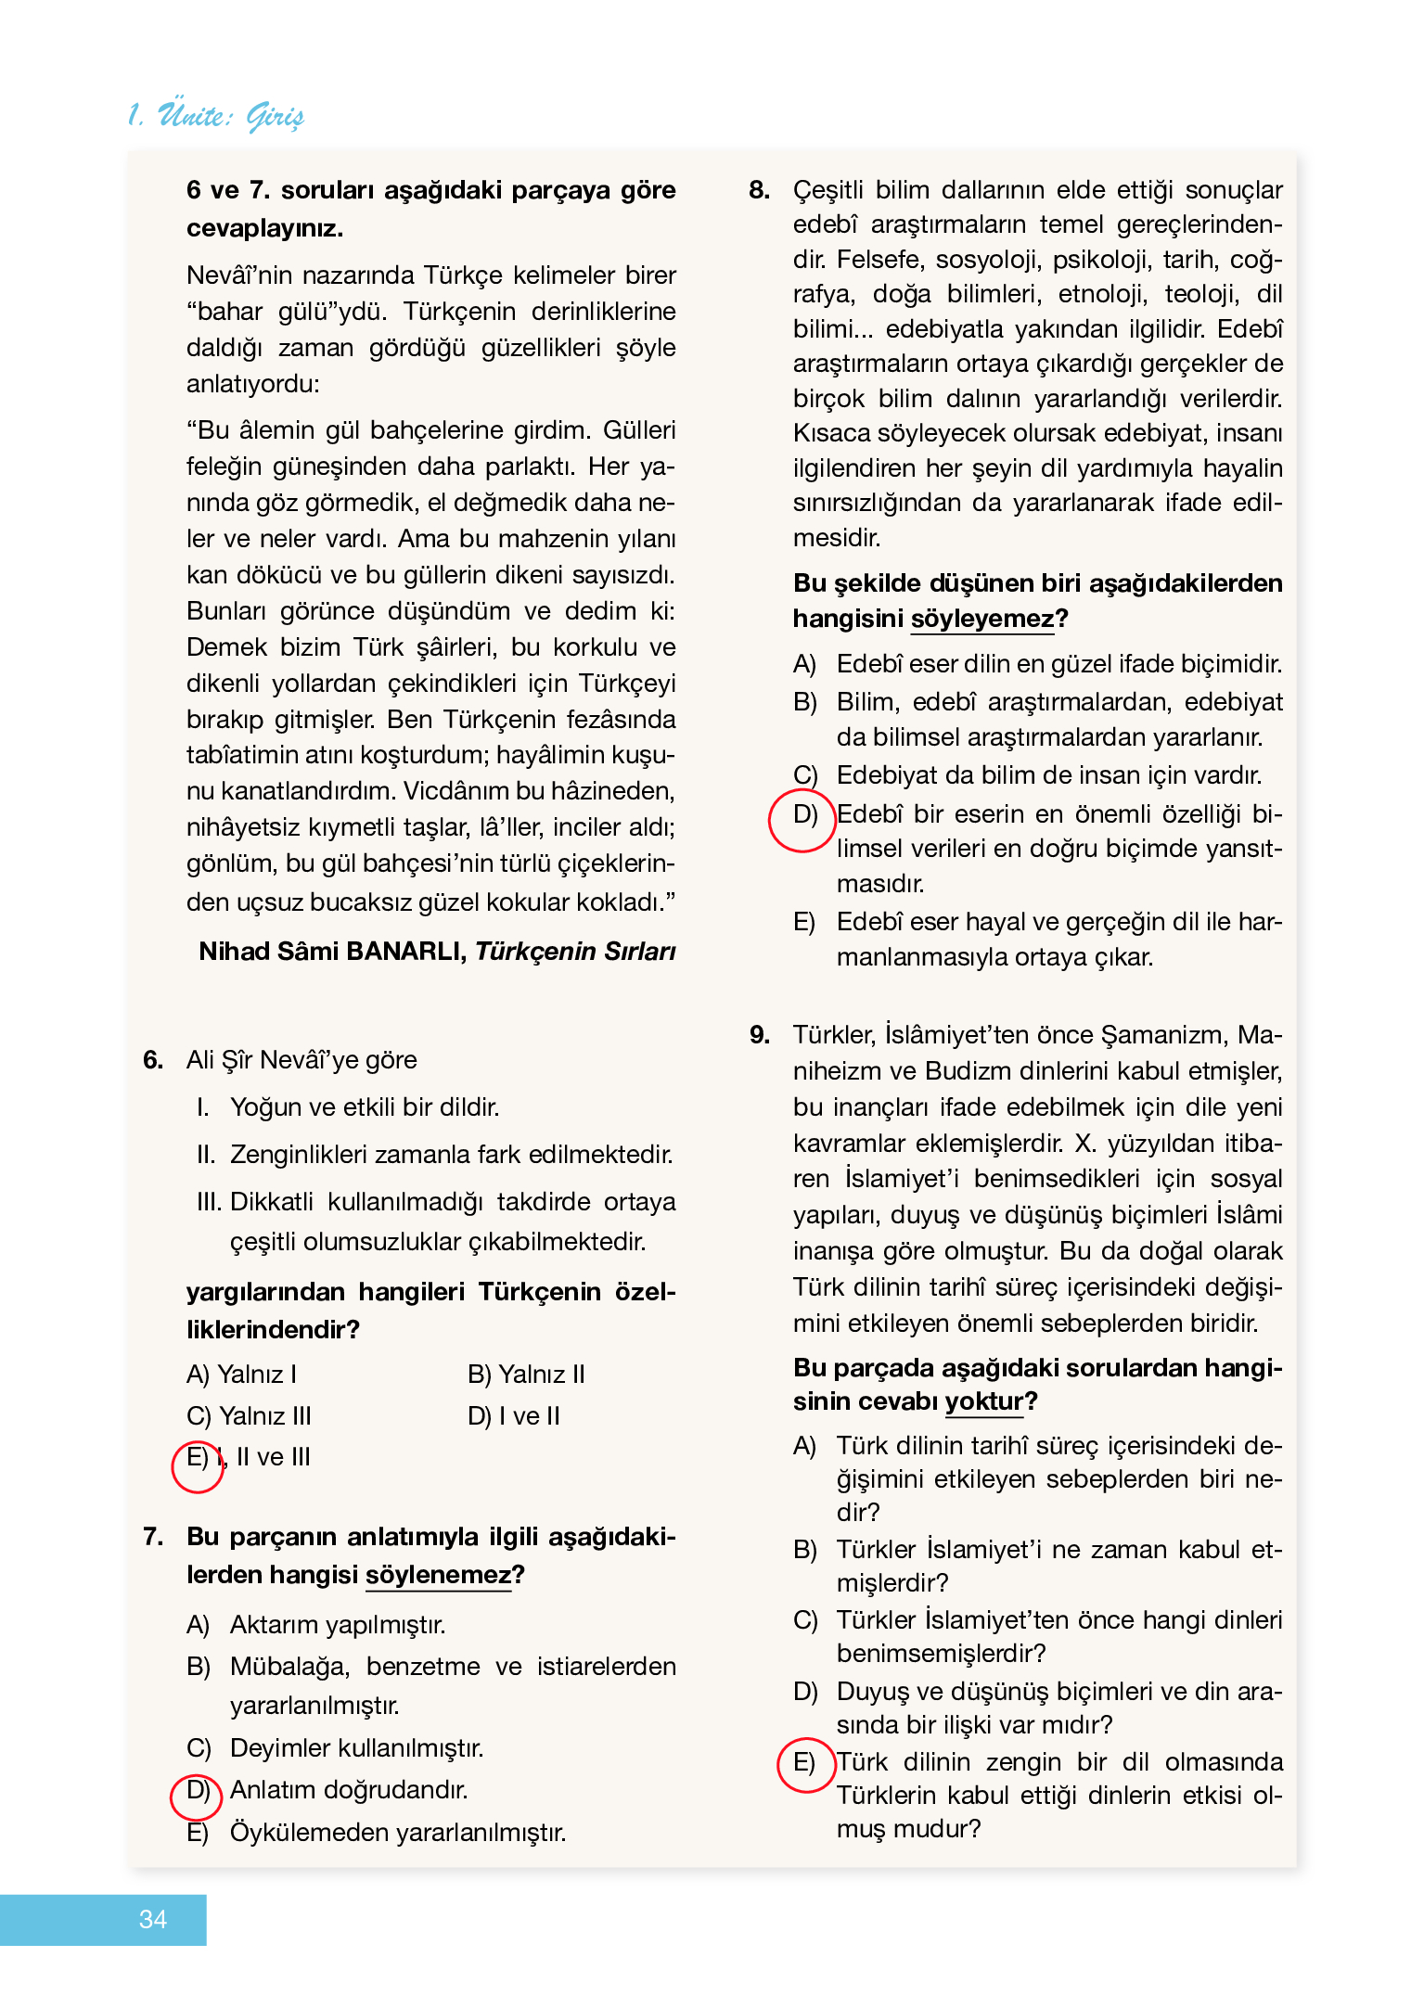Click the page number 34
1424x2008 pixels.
point(152,1919)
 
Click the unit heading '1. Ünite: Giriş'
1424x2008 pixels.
point(215,116)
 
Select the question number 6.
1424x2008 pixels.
point(153,1060)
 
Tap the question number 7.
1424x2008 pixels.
point(153,1537)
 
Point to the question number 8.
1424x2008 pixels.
point(759,190)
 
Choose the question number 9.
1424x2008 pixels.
point(759,1035)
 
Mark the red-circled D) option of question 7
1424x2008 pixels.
point(197,1790)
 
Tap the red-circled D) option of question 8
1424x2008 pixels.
point(803,815)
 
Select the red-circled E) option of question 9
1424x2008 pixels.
point(803,1762)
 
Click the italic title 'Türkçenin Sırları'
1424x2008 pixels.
point(575,952)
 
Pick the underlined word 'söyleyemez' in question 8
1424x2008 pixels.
point(982,619)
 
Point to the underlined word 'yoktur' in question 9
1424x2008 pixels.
point(983,1401)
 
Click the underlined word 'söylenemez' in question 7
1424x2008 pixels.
point(438,1575)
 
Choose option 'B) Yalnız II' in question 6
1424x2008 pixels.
point(526,1375)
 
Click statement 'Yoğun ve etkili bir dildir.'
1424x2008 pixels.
point(365,1107)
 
